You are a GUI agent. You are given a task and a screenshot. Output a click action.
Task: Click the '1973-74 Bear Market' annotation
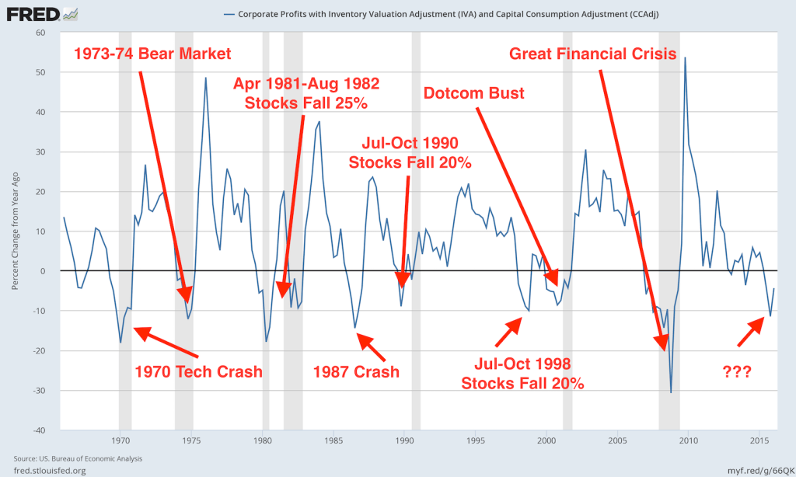153,54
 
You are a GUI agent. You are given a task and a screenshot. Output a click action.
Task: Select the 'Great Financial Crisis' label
592,54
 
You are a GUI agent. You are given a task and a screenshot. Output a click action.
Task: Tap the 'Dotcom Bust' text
473,93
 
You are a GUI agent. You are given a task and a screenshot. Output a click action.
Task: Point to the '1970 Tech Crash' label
199,371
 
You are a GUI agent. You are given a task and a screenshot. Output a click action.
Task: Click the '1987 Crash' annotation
356,371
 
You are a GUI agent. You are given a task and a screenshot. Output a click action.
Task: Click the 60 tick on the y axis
41,33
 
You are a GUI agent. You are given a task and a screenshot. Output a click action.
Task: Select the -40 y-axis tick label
39,430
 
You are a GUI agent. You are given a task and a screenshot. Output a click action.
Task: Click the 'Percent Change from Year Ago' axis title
16,232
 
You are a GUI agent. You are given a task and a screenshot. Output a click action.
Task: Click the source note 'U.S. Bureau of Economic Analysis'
86,458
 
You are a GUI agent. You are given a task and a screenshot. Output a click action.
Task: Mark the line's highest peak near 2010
685,58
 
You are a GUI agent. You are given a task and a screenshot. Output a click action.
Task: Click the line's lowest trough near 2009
671,392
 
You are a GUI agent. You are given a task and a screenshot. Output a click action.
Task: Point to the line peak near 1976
206,78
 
